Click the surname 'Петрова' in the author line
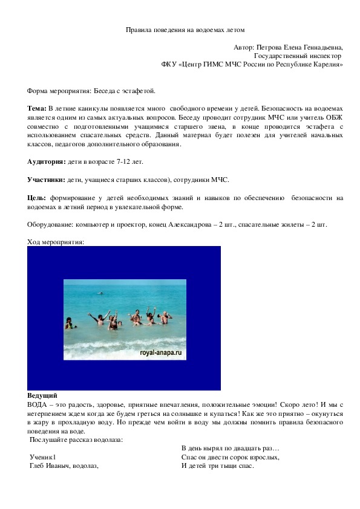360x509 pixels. pos(269,47)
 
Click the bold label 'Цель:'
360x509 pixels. pos(37,198)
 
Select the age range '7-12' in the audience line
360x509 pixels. pos(115,162)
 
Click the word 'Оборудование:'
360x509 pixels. pos(50,224)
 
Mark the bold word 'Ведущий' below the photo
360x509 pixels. pos(42,395)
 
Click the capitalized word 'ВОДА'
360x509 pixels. pos(38,404)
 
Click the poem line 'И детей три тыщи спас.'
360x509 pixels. pos(217,466)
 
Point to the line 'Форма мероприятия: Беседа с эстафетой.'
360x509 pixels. pos(91,91)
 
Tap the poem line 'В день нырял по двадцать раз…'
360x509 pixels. pos(230,449)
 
